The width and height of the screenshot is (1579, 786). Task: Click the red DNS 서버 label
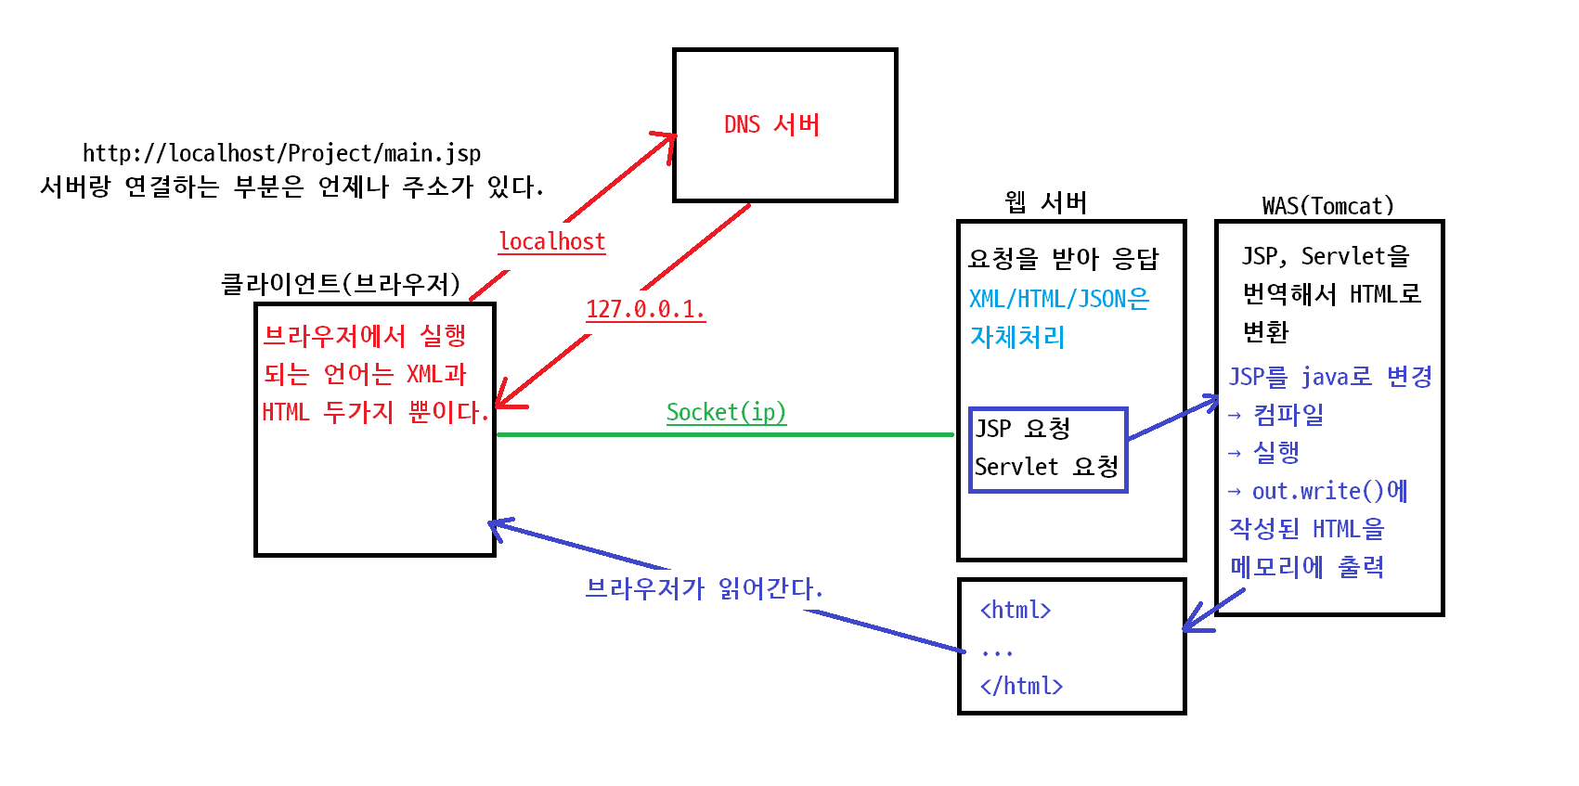pos(771,124)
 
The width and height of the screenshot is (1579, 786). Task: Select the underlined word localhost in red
pos(552,241)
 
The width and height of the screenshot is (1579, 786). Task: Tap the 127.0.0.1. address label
pos(645,309)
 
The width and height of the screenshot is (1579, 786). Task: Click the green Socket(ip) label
pos(726,412)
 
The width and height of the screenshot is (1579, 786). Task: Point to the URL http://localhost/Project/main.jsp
pos(281,153)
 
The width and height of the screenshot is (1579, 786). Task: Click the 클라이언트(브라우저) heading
pos(341,284)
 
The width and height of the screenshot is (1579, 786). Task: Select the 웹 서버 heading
pos(1045,202)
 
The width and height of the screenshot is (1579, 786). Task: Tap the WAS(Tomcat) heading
pos(1327,206)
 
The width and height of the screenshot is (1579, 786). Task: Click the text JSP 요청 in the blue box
pos(1022,428)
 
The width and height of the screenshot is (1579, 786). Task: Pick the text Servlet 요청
pos(1046,467)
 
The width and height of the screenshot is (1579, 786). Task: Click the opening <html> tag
pos(1016,610)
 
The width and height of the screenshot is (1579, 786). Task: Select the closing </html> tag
pos(1021,686)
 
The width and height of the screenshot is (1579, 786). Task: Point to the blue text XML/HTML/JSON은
pos(1059,299)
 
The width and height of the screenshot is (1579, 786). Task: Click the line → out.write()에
pos(1317,491)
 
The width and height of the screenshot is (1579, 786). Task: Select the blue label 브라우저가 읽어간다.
pos(704,588)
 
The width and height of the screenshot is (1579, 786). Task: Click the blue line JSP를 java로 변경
pos(1330,377)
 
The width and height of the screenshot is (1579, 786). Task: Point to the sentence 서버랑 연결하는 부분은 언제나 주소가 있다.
pos(291,187)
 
